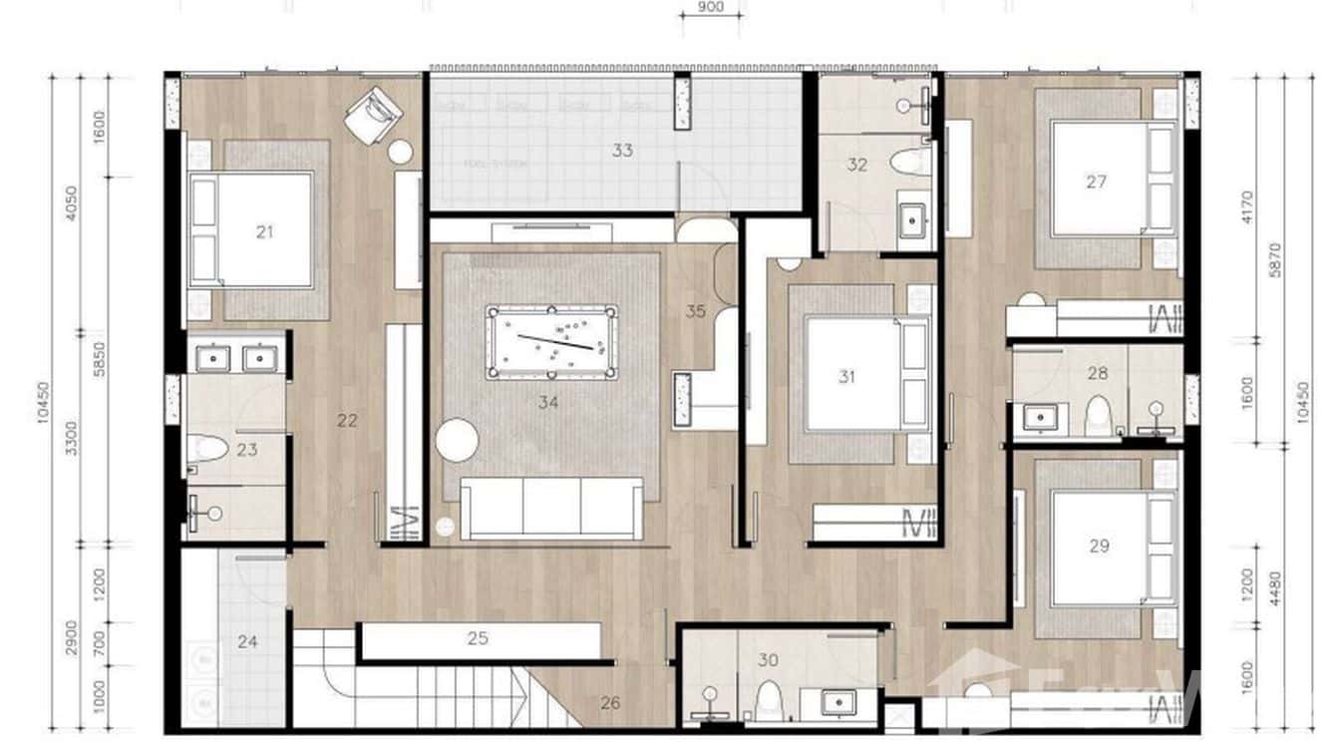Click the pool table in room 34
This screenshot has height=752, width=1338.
coord(551,342)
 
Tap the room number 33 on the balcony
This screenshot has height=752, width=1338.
coord(622,151)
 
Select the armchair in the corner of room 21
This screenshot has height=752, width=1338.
coord(373,115)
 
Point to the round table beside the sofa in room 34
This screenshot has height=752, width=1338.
coord(457,440)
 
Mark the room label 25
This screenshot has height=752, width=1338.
coord(478,638)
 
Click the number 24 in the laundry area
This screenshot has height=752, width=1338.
coord(247,641)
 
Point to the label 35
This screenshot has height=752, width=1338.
coord(696,311)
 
